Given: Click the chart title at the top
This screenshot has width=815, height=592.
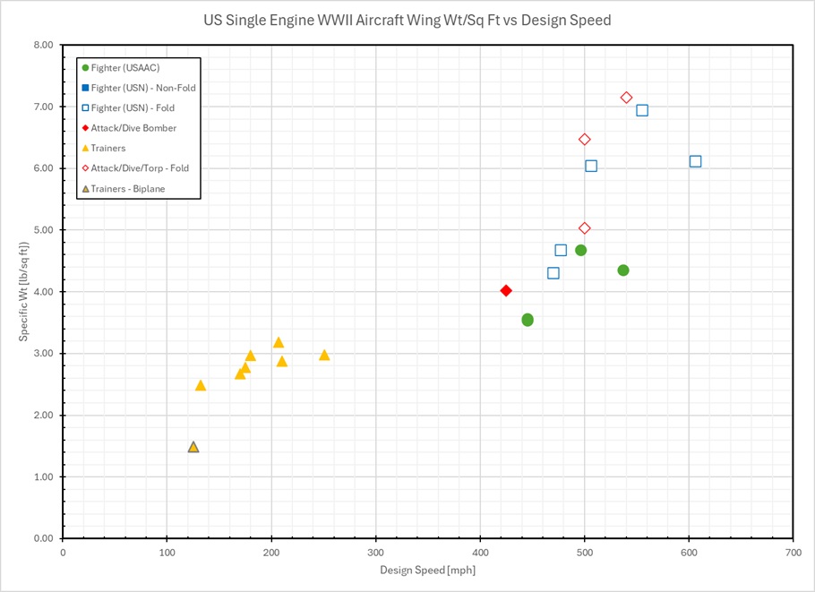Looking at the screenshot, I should [407, 20].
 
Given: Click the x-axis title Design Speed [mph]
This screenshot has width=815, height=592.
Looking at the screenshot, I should [427, 571].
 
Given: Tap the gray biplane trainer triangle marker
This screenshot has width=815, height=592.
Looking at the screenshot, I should [193, 447].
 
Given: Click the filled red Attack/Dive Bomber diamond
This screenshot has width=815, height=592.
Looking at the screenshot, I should [506, 290].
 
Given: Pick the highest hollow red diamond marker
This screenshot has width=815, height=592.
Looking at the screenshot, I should [626, 98].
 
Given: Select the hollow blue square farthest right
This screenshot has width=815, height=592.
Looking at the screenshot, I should [695, 161].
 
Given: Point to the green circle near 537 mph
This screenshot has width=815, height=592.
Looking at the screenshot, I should [623, 270].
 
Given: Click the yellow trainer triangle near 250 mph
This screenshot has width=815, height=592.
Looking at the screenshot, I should [324, 356].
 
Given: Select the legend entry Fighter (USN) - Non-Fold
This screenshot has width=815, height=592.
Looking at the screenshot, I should [142, 88].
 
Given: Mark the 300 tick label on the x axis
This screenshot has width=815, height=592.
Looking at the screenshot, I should [376, 552].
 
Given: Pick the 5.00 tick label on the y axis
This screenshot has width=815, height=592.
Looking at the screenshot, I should [42, 230].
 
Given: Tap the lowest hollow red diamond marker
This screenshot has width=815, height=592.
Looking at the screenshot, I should [585, 228].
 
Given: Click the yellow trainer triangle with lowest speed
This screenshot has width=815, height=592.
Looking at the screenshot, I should [201, 386].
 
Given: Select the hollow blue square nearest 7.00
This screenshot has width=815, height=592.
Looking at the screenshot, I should [642, 110].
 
